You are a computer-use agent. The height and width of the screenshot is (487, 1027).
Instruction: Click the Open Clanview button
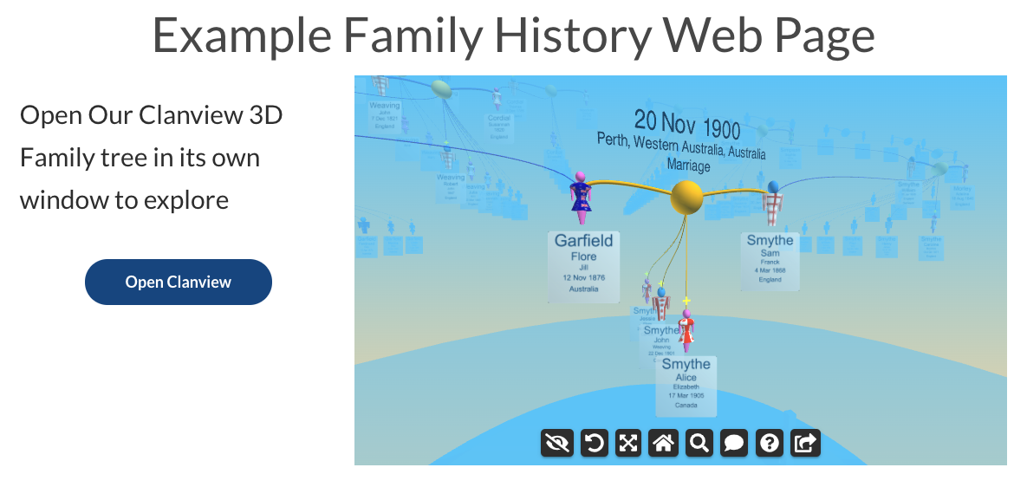178,282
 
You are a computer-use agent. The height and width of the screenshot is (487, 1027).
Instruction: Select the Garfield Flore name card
583,265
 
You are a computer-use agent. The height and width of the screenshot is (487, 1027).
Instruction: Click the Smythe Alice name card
686,385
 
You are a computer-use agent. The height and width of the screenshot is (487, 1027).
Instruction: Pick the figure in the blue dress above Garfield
580,195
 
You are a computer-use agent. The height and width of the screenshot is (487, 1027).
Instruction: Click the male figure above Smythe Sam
773,204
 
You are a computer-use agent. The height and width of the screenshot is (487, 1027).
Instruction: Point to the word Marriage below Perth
688,166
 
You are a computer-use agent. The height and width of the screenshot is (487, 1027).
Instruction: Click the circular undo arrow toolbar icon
594,444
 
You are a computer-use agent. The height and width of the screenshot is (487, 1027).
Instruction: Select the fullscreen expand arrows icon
628,444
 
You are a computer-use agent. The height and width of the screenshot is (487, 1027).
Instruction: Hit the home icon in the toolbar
664,444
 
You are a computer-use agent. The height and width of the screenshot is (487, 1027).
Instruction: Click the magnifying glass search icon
699,444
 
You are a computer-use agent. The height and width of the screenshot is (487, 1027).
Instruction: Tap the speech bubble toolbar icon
734,444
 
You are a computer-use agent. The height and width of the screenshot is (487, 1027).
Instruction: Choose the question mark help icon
770,444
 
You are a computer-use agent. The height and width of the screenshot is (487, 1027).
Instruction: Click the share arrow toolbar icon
805,444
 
